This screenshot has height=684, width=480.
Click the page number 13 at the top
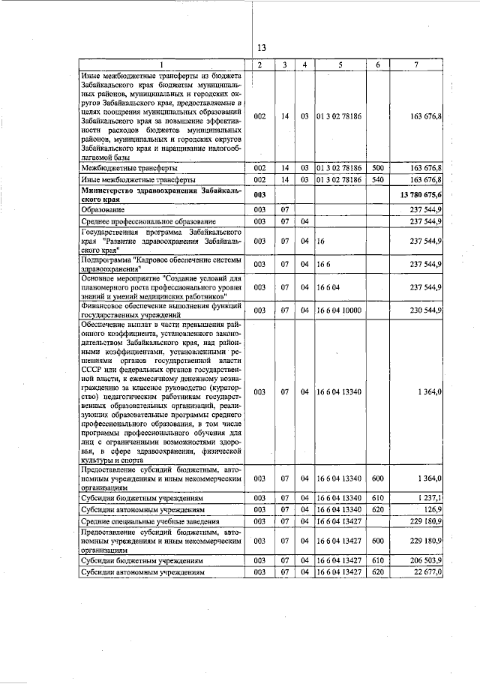tap(261, 49)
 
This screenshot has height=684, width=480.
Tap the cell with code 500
tap(378, 169)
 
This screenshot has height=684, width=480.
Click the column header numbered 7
tap(417, 65)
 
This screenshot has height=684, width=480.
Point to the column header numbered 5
tap(340, 65)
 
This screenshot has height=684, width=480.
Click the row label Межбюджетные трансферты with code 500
tap(128, 169)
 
